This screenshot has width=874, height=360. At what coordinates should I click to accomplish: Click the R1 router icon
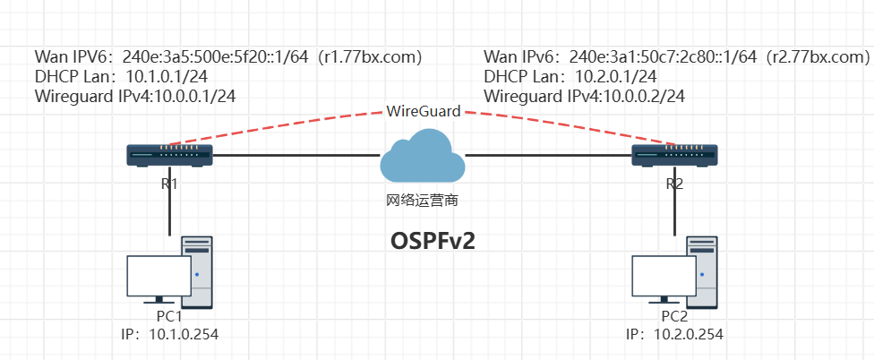(x=169, y=156)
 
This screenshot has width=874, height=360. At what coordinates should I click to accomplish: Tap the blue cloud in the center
(x=422, y=158)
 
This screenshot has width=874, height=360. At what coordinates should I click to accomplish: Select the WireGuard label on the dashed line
(x=424, y=112)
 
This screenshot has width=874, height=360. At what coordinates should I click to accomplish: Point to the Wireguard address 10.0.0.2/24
(x=638, y=96)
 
